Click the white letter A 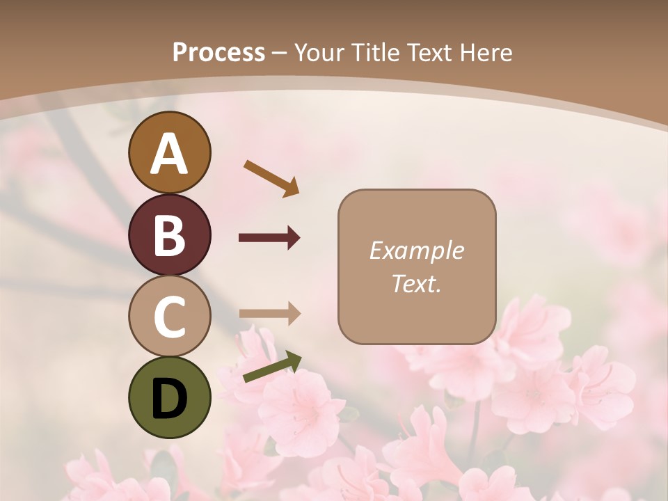(169, 154)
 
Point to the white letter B (169, 236)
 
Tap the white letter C (169, 318)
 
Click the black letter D (169, 399)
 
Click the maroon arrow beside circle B (269, 238)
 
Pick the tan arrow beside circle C (269, 314)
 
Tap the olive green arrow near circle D (272, 367)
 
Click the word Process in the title (218, 53)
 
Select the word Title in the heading (376, 53)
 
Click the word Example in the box (416, 250)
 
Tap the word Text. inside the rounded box (416, 283)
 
